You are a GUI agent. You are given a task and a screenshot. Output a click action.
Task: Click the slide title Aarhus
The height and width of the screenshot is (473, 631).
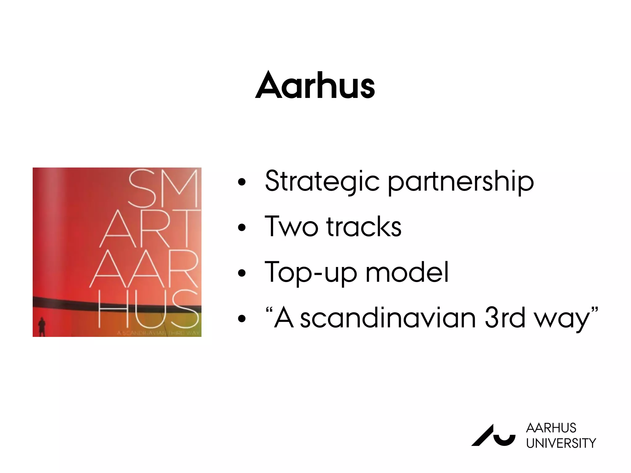pos(315,85)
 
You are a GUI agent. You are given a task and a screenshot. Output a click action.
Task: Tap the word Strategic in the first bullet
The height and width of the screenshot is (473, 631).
pos(322,181)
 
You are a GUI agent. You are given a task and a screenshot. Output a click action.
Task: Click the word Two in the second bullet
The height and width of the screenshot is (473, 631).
pos(291,227)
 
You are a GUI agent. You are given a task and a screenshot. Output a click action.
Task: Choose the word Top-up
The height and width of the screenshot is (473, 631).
pos(311,273)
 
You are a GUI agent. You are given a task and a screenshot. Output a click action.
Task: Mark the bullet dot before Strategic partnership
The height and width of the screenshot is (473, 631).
pos(242,182)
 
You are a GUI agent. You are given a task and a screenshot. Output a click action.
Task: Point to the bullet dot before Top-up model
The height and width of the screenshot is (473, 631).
pos(242,273)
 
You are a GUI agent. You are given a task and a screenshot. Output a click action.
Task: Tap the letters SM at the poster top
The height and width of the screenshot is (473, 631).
pos(163,188)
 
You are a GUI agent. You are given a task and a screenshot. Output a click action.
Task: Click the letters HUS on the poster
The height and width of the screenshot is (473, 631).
pos(148,309)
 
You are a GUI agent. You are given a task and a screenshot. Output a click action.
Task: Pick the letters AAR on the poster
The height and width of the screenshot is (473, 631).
pos(144,269)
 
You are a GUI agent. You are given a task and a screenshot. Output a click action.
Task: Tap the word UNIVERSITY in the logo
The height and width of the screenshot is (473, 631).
pos(561,443)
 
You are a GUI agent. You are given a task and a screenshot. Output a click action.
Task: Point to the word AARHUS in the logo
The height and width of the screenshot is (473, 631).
pos(551,428)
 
